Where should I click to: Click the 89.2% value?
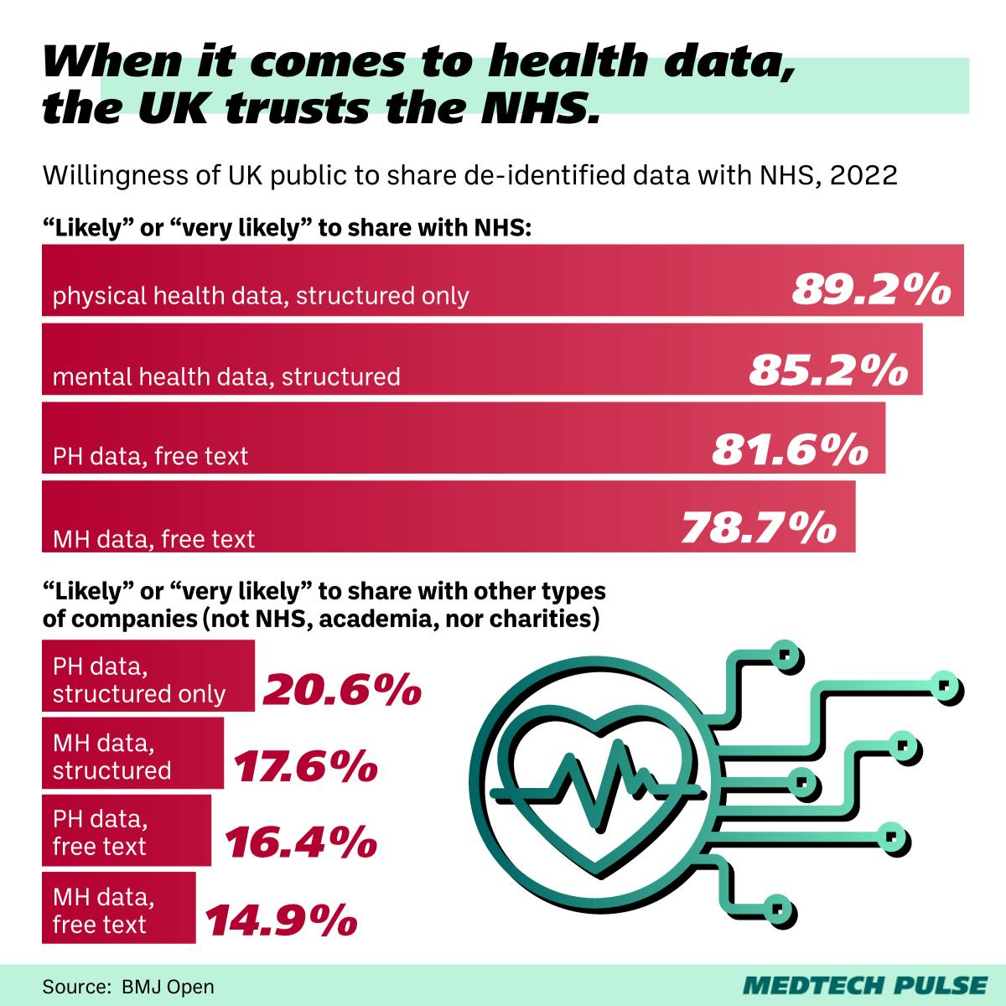[871, 290]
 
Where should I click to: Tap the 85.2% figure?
[828, 370]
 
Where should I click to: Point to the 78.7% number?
[759, 528]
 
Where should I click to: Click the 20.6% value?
[342, 690]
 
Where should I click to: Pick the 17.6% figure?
[303, 767]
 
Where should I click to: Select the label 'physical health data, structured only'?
[261, 296]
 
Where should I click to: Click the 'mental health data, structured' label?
[226, 376]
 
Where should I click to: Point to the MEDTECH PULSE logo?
[866, 984]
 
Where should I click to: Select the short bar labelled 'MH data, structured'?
[133, 753]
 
